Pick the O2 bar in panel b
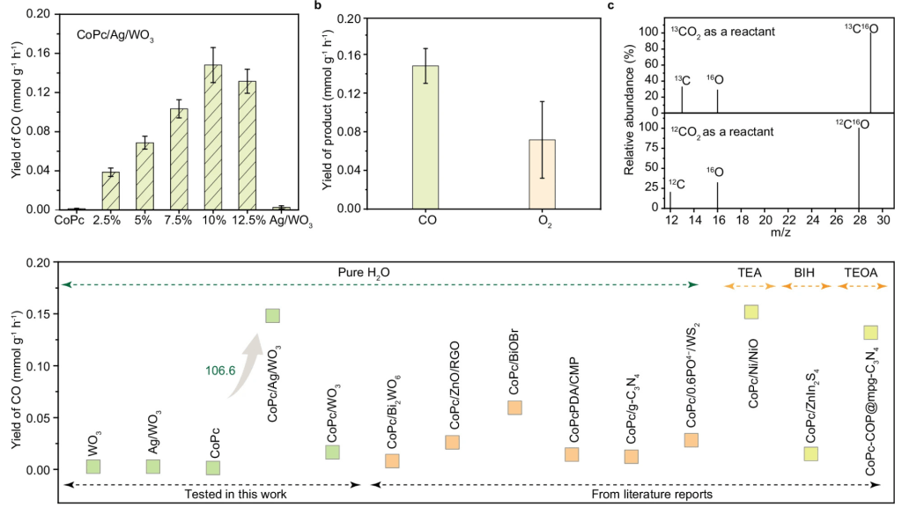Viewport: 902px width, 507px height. (x=543, y=173)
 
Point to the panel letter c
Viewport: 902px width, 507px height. (x=611, y=6)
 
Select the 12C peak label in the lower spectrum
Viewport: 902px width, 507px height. (x=675, y=183)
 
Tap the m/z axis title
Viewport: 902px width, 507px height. (x=780, y=231)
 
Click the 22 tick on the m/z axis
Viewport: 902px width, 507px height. (x=788, y=218)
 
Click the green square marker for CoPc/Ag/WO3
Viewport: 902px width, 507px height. (x=272, y=315)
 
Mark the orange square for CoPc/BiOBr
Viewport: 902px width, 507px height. (x=515, y=407)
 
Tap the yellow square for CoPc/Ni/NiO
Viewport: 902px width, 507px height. (x=751, y=312)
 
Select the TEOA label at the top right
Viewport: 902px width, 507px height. (x=861, y=273)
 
